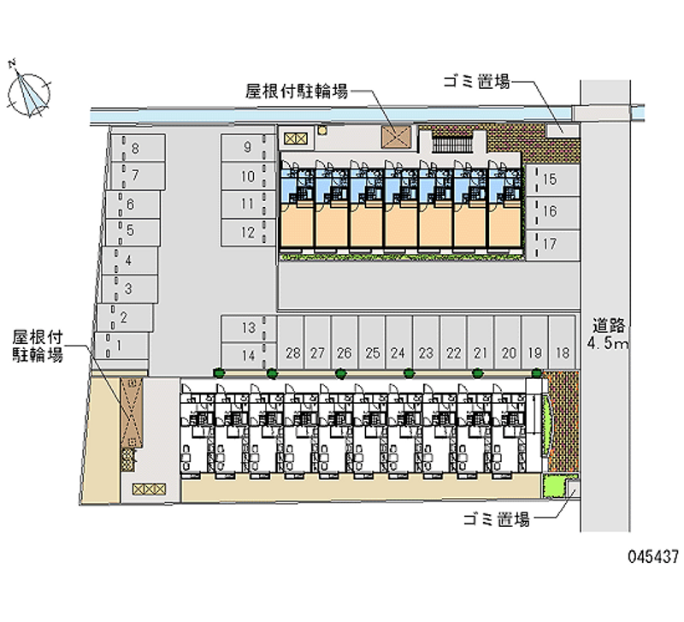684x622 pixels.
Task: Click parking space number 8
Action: click(138, 148)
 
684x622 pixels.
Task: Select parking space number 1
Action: click(121, 346)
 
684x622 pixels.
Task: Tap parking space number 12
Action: click(248, 232)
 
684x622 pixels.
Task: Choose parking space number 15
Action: click(552, 180)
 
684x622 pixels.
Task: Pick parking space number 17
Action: click(552, 245)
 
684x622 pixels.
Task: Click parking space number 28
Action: click(291, 342)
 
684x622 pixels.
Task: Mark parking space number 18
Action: click(562, 342)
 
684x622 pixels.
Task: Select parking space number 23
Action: click(426, 342)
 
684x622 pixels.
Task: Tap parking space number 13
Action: click(248, 329)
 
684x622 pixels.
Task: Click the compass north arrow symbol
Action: click(28, 93)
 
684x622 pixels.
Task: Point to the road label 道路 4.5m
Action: click(608, 334)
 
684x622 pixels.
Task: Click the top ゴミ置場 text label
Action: click(476, 82)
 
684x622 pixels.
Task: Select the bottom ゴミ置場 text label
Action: click(496, 519)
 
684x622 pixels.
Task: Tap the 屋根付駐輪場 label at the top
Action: click(297, 92)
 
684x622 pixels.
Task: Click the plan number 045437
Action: click(653, 556)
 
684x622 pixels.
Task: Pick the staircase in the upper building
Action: click(452, 144)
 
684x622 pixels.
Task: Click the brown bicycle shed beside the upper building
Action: click(396, 137)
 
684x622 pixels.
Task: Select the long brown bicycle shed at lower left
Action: click(132, 413)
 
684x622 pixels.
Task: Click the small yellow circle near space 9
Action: click(322, 130)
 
